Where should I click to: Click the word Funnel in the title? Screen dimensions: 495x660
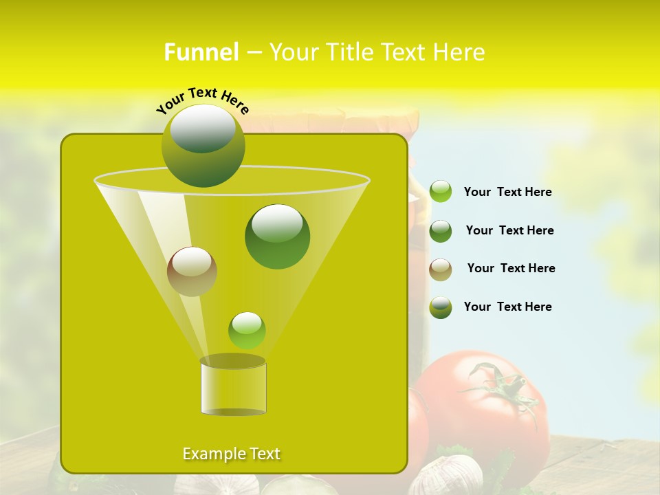pos(201,52)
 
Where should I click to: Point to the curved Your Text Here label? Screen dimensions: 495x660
pos(202,100)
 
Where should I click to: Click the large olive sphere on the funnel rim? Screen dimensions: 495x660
pos(203,145)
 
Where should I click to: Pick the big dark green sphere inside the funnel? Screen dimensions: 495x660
pos(277,236)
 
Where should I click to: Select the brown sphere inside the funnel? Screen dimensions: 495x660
pos(192,272)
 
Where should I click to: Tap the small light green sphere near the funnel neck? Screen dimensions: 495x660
pos(247,330)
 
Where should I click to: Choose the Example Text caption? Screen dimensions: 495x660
pos(231,454)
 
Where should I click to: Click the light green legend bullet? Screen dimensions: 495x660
pos(441,192)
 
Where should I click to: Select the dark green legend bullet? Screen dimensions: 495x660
pos(441,231)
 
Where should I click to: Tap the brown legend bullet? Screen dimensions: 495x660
pos(441,269)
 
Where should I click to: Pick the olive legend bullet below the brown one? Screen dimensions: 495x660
pos(441,307)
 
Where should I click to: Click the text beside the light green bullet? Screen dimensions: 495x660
pos(507,192)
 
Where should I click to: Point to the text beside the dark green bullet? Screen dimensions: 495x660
pos(509,230)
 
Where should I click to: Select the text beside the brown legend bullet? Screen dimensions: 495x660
pos(511,268)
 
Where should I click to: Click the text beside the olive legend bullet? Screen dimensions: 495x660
pos(507,307)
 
